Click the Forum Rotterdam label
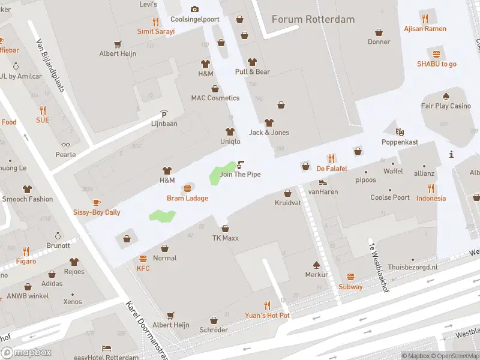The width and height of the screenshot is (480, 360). [313, 19]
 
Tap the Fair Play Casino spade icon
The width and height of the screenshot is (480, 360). [446, 96]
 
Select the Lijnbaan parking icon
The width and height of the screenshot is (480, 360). [164, 114]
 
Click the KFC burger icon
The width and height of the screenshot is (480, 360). [143, 259]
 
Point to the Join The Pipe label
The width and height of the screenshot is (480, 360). [240, 175]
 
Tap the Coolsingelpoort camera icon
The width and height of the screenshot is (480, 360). [194, 9]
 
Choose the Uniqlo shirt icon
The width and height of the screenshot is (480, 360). [230, 131]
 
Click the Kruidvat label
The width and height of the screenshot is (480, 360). [287, 203]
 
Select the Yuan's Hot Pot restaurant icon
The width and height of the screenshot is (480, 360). [267, 305]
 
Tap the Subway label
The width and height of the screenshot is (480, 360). [350, 287]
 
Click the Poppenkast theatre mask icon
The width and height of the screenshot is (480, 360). [400, 131]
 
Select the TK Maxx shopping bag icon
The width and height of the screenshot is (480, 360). [225, 228]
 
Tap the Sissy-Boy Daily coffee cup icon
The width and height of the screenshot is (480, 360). [97, 202]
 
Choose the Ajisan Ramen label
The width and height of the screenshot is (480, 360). [425, 29]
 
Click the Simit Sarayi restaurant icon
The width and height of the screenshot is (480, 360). [156, 22]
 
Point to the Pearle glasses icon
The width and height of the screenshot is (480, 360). [65, 144]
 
